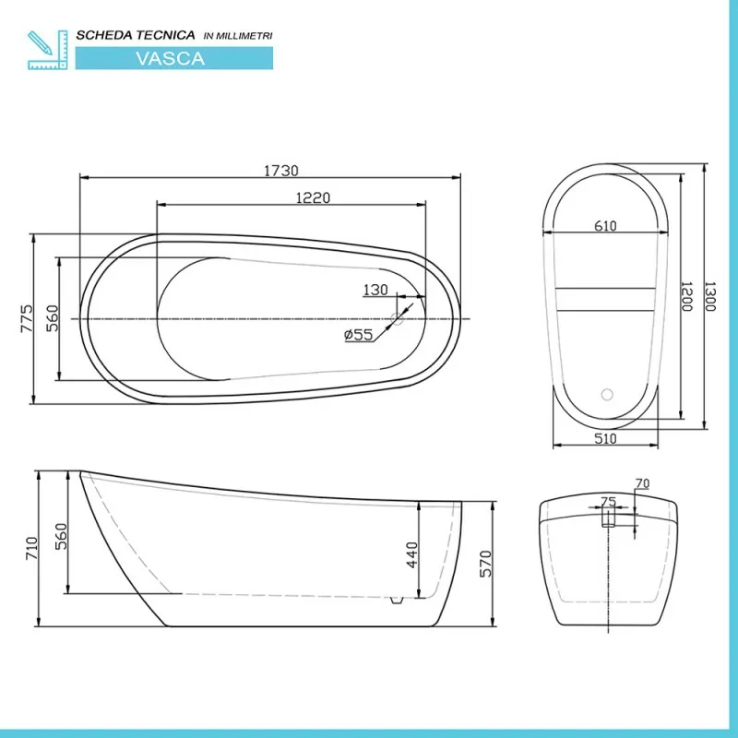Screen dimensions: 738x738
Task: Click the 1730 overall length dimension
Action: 281,171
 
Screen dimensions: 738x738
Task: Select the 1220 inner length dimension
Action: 313,197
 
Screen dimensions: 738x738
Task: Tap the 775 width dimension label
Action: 28,318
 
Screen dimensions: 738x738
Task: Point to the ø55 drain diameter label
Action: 359,335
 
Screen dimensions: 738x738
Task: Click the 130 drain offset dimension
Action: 375,290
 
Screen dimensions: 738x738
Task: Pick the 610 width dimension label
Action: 605,226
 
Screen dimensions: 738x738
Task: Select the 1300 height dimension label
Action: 709,296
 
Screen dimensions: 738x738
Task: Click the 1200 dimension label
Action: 686,296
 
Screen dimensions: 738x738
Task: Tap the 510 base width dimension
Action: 605,439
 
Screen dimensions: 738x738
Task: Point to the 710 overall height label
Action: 31,548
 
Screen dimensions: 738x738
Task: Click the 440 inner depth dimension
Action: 411,555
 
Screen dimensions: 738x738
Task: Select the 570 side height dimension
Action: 485,564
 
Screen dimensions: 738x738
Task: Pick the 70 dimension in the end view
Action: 642,483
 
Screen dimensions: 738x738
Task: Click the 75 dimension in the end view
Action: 609,502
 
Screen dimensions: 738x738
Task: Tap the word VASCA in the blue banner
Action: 171,58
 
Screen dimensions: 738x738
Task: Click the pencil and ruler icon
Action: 48,50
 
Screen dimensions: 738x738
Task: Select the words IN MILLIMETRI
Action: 238,36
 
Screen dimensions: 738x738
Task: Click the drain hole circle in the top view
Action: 398,318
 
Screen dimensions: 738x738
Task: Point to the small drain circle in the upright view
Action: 607,395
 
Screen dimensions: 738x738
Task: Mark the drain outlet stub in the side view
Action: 397,601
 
